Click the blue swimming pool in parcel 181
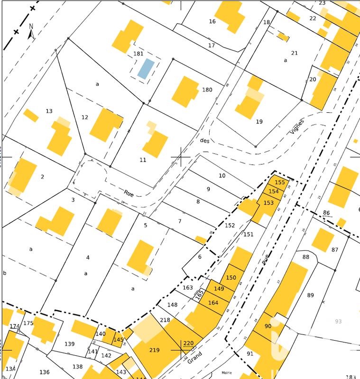point(146,69)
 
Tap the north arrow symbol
point(30,32)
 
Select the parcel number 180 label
point(207,90)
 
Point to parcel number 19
point(259,122)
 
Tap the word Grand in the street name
point(195,357)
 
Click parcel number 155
point(280,182)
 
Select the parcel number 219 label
point(155,350)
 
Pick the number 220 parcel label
point(189,343)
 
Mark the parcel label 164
point(213,303)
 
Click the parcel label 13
point(49,111)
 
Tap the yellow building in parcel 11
point(156,144)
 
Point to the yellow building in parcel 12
point(105,125)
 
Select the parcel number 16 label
point(212,21)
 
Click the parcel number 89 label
point(311,295)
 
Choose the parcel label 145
point(119,339)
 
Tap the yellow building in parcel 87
point(323,240)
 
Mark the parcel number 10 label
point(222,176)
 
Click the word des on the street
point(204,140)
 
